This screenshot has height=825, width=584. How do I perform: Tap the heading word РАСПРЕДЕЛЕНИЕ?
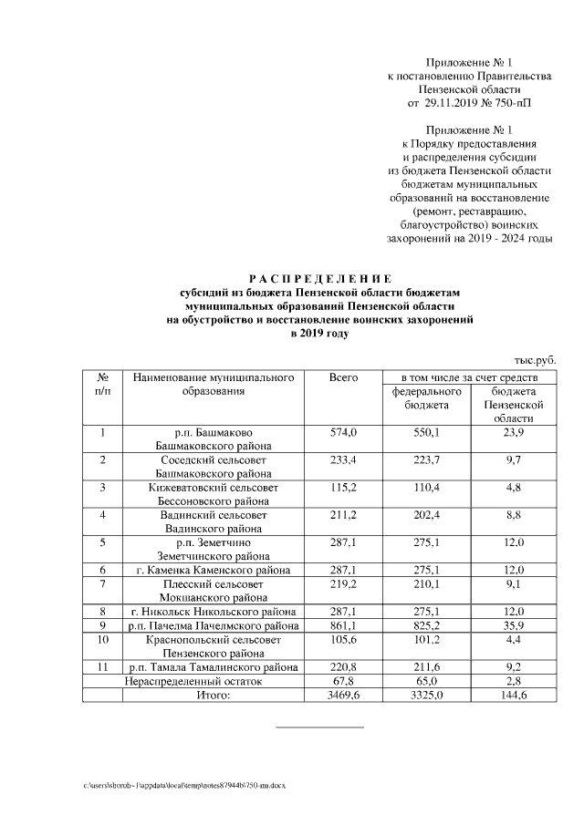[319, 278]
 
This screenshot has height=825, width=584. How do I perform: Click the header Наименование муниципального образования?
[213, 383]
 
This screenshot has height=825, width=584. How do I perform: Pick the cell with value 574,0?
[342, 431]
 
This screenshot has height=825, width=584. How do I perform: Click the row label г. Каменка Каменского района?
[213, 570]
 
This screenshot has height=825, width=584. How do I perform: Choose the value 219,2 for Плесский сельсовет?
[342, 583]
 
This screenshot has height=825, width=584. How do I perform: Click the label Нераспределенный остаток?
[193, 681]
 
